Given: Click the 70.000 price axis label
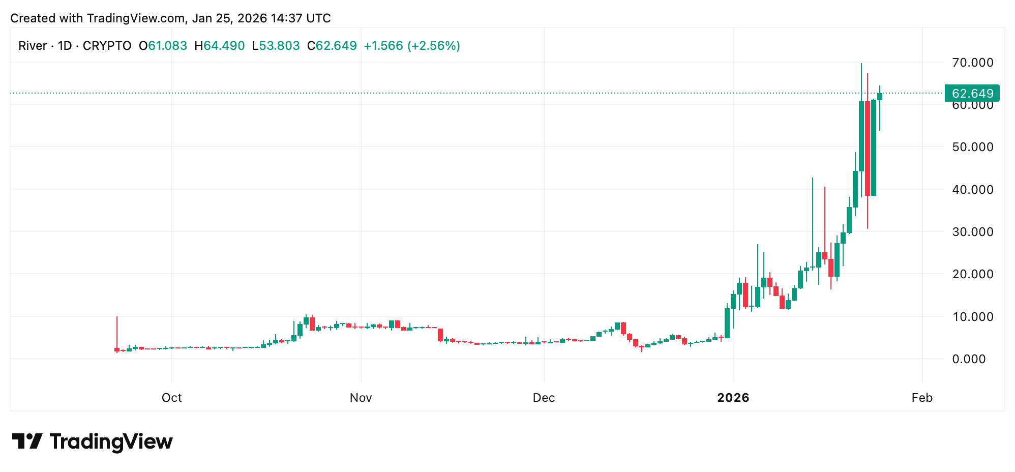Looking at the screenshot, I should tap(972, 63).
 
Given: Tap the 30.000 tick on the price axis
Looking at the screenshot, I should tap(972, 232).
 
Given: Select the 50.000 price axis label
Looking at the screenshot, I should tap(972, 147).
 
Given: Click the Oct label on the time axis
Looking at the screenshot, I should tap(171, 398).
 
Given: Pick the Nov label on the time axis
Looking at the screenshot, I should tap(361, 398).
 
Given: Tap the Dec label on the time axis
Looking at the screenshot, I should tap(544, 398).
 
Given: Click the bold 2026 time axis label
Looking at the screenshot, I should tap(733, 398).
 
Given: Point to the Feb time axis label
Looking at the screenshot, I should tap(921, 398).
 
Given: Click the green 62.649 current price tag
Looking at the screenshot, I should tap(972, 94).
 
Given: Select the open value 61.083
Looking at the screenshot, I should tap(167, 46).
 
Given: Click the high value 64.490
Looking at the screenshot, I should tap(224, 46).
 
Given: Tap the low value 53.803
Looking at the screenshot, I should tap(279, 46).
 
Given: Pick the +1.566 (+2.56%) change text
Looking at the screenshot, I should tap(412, 46).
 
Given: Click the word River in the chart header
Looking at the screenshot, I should tap(33, 46).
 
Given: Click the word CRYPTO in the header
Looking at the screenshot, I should tap(107, 46).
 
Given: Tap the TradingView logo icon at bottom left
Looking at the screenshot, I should tap(27, 441).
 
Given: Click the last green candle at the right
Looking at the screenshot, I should tap(880, 97).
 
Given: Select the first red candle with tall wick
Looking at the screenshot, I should tap(116, 349).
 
